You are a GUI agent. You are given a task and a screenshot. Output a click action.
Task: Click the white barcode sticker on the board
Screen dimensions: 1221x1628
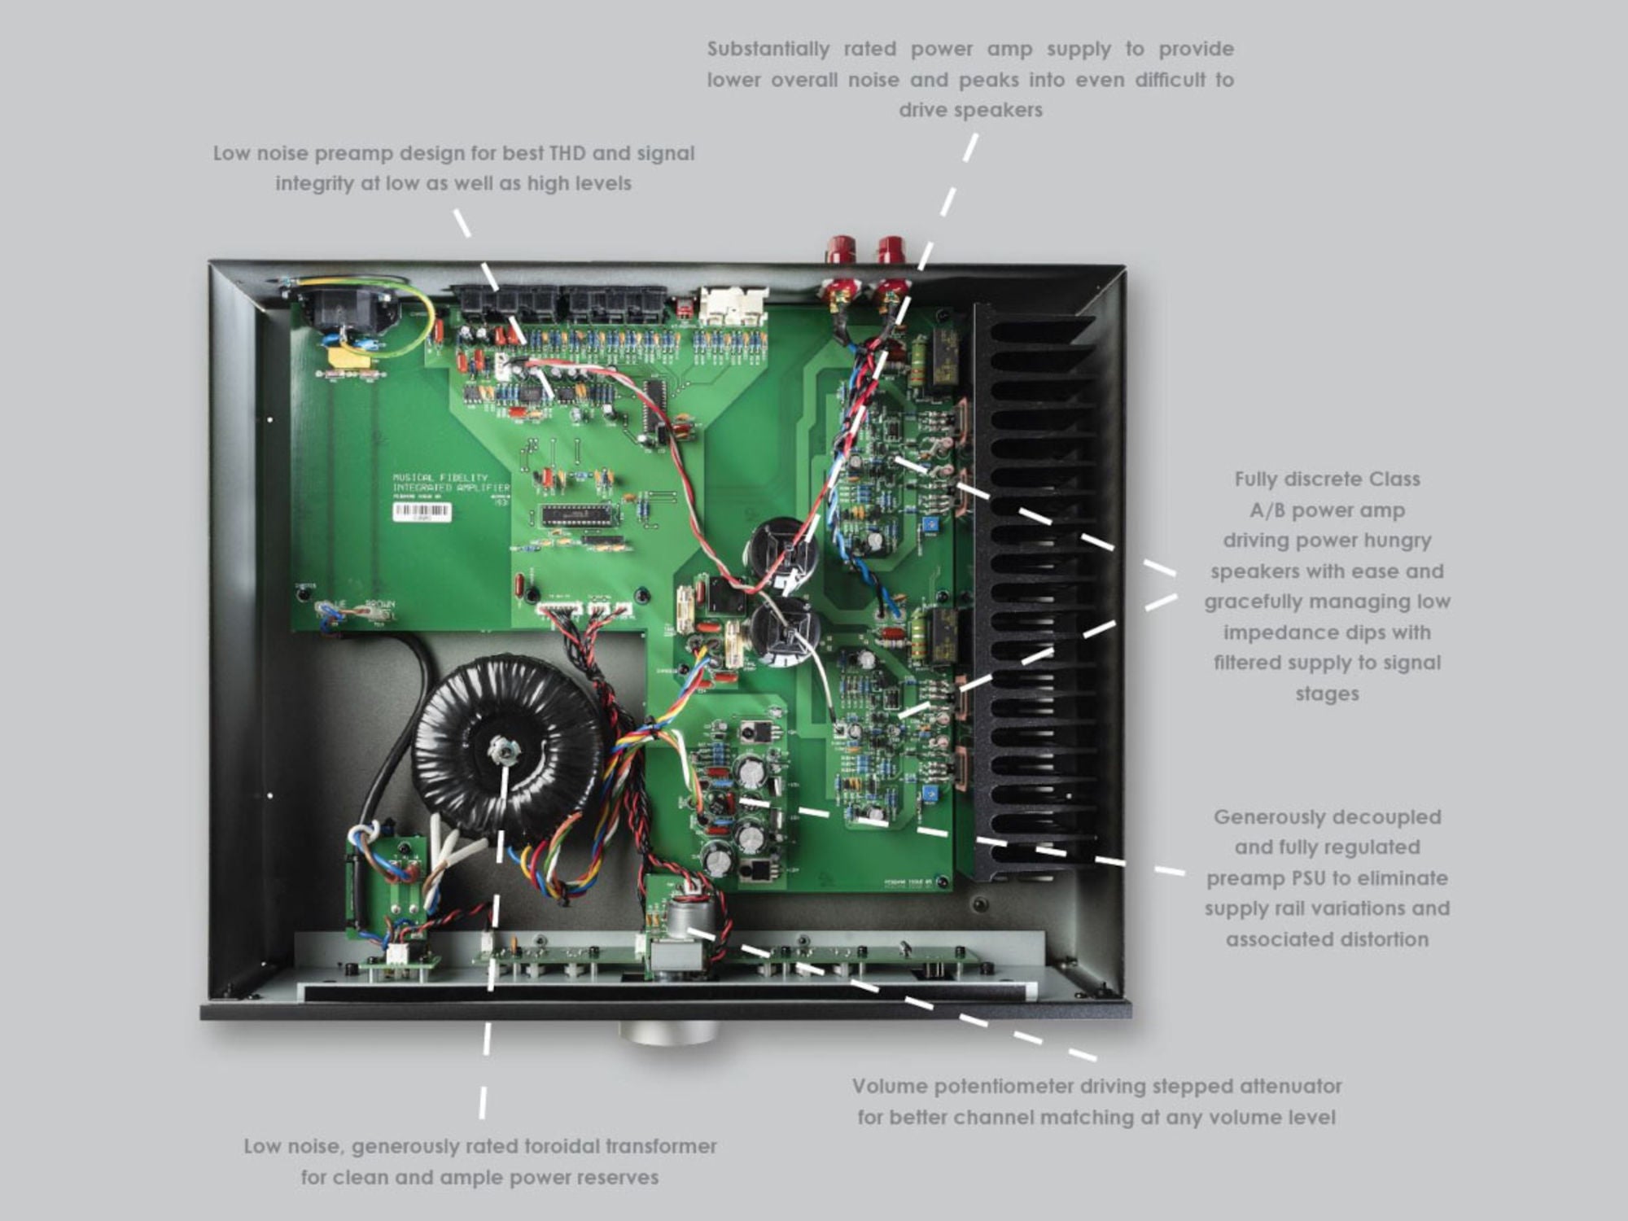[422, 511]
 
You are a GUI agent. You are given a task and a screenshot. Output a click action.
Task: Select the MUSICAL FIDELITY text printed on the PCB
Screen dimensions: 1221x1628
[440, 478]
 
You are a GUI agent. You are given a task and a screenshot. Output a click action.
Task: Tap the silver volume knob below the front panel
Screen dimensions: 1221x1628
[667, 1033]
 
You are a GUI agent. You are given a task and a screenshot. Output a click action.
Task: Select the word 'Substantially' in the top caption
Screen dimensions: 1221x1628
[768, 49]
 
